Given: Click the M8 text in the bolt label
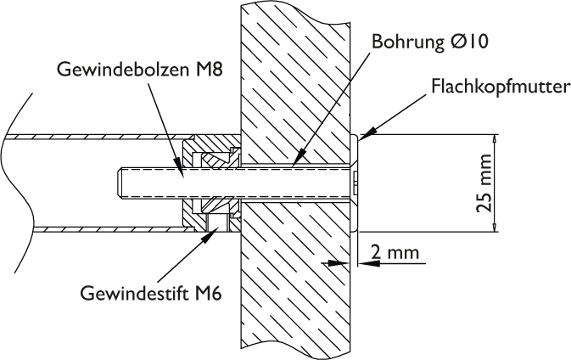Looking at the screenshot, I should (206, 70).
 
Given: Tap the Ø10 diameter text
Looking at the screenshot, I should (467, 40).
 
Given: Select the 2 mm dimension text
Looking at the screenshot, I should (395, 253).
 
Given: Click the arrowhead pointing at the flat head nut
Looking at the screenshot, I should (364, 133).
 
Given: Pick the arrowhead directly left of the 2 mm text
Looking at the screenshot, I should (363, 263).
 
